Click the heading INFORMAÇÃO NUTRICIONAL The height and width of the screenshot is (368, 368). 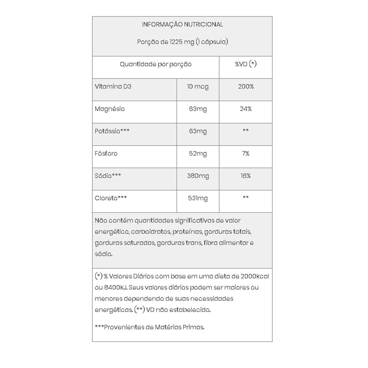(x=182, y=24)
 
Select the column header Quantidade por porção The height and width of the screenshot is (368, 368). (x=156, y=64)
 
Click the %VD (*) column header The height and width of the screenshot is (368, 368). (x=246, y=64)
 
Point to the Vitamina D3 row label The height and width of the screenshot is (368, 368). (x=113, y=87)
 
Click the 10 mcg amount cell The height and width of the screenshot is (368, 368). (x=198, y=87)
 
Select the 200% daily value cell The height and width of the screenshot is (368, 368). (x=246, y=87)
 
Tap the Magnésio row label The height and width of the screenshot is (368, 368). (x=110, y=109)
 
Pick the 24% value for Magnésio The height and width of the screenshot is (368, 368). (x=246, y=109)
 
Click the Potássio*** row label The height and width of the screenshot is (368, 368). (x=112, y=131)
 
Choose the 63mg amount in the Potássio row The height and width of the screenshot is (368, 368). (x=198, y=131)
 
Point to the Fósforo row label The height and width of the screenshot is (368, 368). (x=106, y=154)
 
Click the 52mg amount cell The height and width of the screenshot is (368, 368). (x=198, y=154)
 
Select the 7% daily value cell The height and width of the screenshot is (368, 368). (x=246, y=154)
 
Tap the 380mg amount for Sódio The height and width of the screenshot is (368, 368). (x=198, y=176)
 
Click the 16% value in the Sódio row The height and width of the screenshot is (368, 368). (x=246, y=176)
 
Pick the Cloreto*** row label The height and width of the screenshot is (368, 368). (x=111, y=198)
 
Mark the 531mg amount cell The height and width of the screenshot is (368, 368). (x=198, y=198)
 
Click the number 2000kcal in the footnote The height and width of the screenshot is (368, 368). (x=255, y=276)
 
